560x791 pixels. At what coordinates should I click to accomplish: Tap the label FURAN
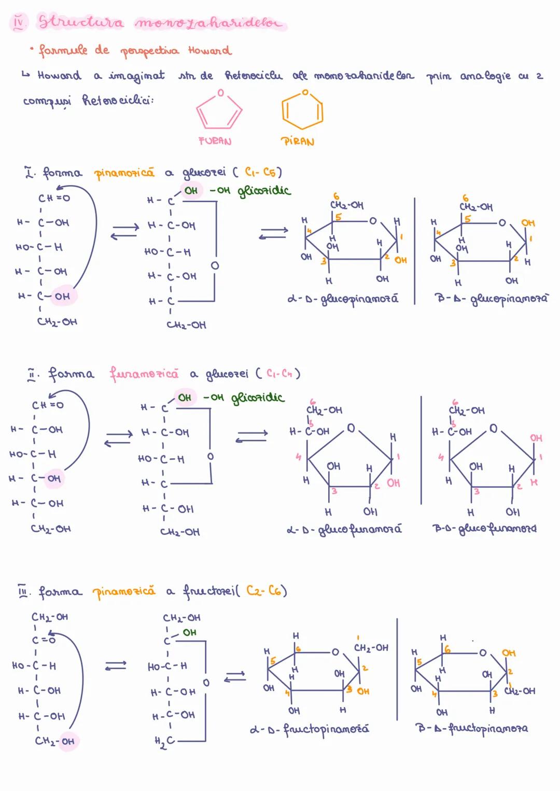click(215, 141)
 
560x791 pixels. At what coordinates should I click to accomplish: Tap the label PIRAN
click(297, 142)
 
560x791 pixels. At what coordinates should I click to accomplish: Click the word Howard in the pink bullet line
click(209, 51)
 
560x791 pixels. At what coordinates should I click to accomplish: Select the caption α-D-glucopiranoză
click(343, 300)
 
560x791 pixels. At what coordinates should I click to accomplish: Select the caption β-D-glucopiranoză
click(491, 299)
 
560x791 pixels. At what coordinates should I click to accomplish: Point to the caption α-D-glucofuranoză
click(344, 530)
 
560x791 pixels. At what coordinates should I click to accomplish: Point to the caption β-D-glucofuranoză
click(484, 529)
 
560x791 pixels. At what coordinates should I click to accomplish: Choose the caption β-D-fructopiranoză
click(471, 728)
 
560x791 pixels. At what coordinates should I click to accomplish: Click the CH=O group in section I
click(54, 198)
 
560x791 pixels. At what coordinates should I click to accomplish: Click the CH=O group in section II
click(47, 405)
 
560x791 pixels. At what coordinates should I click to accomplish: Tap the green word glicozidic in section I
click(264, 191)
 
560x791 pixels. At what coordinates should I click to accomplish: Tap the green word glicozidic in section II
click(257, 398)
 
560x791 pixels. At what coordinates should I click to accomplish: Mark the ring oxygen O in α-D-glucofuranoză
click(351, 428)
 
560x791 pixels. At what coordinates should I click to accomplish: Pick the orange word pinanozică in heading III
click(124, 591)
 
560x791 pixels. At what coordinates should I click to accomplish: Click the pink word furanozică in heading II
click(144, 373)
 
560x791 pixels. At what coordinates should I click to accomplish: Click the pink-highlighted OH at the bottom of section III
click(68, 741)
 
